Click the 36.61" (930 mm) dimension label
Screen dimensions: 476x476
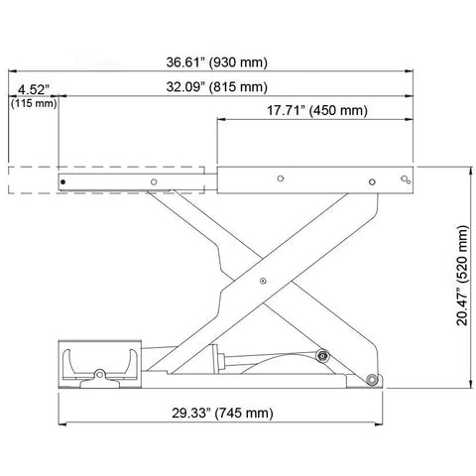pos(216,62)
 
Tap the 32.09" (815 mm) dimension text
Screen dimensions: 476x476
pos(216,87)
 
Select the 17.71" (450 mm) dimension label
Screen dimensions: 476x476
pos(317,110)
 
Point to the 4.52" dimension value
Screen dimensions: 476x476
pos(34,89)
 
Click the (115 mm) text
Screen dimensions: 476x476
pos(34,103)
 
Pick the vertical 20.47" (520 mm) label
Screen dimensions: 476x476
pos(462,276)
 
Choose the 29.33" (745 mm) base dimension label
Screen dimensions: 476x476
pos(222,414)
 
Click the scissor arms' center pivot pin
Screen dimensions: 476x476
pos(263,281)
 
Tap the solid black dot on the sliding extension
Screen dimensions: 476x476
pos(62,181)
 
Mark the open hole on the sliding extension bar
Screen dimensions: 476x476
pos(154,181)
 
